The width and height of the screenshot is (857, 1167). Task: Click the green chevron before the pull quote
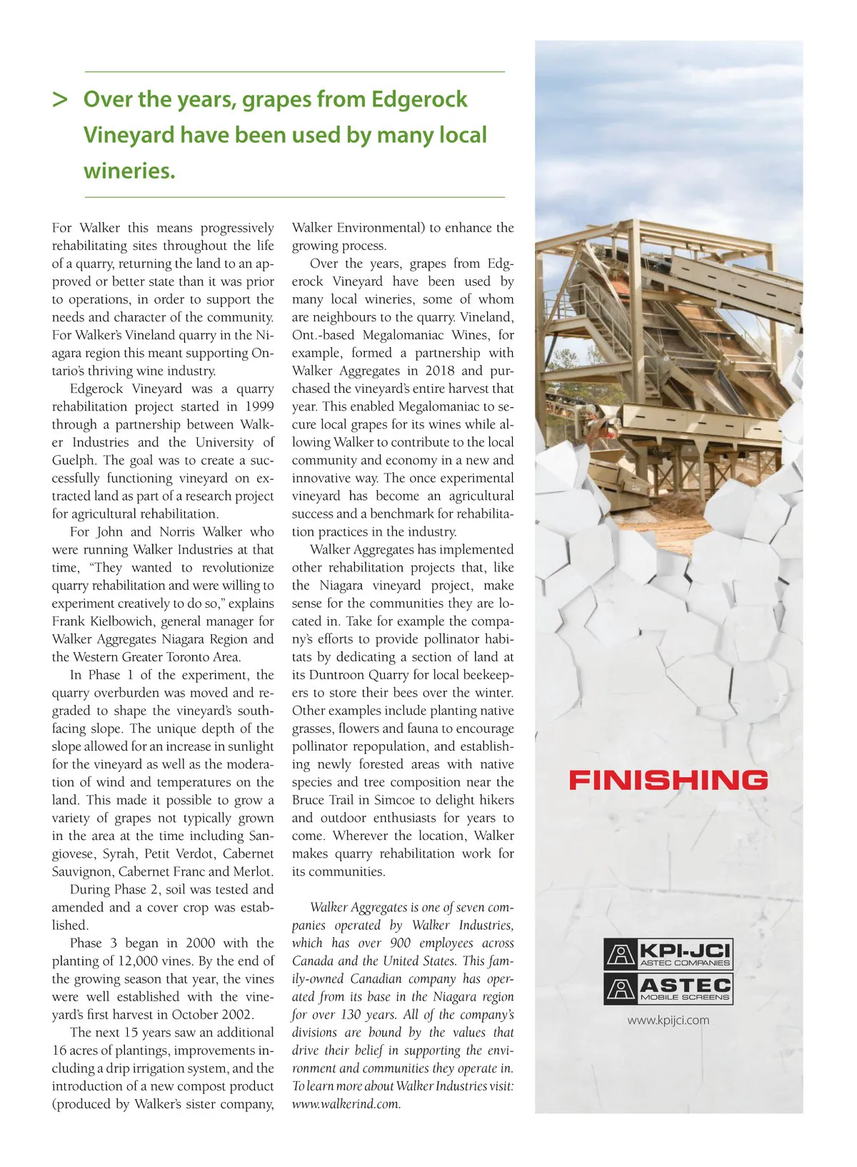pos(60,99)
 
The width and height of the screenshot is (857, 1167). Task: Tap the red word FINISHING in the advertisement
pos(668,779)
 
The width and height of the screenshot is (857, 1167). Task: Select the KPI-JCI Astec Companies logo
pos(668,954)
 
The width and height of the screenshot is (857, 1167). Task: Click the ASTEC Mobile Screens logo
pos(668,988)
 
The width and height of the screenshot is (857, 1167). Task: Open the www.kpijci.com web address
pos(668,1020)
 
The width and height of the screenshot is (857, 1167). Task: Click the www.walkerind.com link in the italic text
pos(346,1103)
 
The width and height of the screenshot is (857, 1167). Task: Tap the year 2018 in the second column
pos(439,371)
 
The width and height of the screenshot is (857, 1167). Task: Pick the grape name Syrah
pos(119,853)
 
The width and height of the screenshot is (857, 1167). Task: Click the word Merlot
pos(253,871)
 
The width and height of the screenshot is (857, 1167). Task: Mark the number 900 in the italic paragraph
pos(401,943)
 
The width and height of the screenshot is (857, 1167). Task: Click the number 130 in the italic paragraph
pos(351,1014)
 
